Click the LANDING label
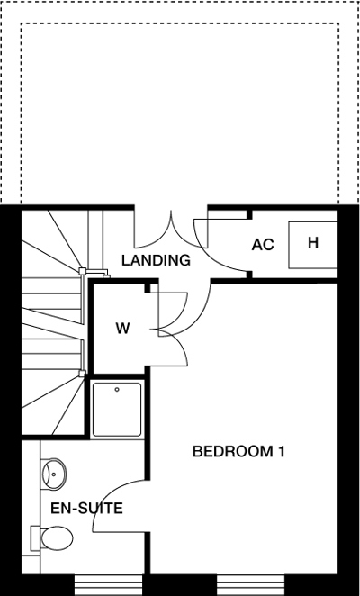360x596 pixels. pos(156,260)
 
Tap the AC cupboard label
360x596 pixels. pos(263,245)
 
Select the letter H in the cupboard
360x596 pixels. pos(313,242)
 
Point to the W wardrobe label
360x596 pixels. pos(122,329)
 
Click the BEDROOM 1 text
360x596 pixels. pos(238,452)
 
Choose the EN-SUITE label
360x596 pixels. pos(86,508)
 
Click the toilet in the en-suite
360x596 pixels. pos(52,537)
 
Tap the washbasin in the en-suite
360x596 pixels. pos(54,474)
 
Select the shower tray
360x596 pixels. pos(117,410)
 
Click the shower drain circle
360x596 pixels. pos(117,389)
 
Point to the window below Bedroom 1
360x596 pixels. pos(250,584)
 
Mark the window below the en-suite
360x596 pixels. pos(108,584)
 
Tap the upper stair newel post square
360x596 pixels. pos(82,271)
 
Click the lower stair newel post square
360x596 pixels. pos(82,374)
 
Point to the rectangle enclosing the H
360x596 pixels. pos(313,245)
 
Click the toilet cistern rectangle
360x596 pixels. pos(35,537)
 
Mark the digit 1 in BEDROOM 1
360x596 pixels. pos(282,452)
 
